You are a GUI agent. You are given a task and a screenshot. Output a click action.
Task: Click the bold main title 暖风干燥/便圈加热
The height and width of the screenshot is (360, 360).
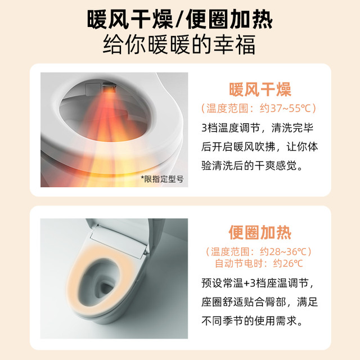point(180,20)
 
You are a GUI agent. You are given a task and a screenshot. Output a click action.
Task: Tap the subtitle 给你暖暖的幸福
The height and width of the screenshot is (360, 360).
point(179,44)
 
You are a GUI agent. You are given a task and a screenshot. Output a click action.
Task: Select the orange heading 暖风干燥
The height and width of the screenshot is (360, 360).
point(260,89)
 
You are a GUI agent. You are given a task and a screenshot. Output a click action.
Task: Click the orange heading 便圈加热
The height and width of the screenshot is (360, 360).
point(260,232)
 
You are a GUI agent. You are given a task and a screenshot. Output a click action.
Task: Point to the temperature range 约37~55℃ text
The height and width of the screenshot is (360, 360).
point(288,109)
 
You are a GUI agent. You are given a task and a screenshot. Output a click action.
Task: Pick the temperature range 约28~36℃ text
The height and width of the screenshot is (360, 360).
point(283,251)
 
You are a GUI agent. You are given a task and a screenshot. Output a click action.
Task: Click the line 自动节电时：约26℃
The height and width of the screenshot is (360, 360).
point(259,263)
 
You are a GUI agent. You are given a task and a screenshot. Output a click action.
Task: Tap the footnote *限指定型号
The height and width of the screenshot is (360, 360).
point(162,179)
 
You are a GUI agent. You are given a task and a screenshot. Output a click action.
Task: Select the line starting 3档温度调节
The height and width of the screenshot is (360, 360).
point(258,128)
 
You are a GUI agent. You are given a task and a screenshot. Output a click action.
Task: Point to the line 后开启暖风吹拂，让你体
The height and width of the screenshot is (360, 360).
point(260,147)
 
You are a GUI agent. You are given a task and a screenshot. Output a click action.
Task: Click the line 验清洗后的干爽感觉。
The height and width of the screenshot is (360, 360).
point(252,165)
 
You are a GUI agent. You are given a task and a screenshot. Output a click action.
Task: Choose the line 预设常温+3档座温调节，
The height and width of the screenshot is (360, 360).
point(258,283)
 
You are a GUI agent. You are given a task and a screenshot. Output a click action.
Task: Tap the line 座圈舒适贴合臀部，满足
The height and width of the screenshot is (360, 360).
point(260,302)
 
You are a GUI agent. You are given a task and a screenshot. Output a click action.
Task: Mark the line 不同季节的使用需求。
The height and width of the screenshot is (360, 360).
point(252,321)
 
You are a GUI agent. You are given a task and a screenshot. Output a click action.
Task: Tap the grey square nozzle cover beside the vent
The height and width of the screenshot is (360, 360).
point(92,89)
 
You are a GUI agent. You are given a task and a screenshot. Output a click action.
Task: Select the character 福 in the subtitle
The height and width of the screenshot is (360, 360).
point(245,44)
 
